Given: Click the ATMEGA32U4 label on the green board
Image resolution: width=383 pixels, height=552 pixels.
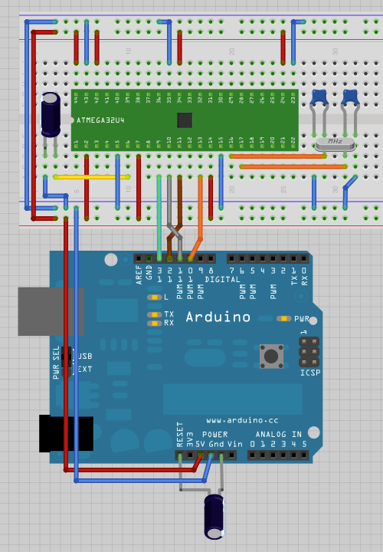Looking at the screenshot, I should pos(102,120).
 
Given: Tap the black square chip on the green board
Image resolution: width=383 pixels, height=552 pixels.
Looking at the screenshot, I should pos(184,120).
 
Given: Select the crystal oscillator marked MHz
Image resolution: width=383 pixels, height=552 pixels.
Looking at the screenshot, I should pos(334,143).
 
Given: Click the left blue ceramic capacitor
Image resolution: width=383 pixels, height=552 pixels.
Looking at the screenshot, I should pos(320,97).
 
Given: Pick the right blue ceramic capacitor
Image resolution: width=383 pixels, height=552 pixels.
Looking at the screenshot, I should pos(351,97).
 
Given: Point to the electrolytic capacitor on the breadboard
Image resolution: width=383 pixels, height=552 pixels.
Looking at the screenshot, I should pos(51,115).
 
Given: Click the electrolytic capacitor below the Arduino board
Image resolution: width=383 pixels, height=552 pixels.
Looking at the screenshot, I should pos(214,515).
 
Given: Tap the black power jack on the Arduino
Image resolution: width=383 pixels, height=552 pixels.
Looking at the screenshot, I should pos(65,433).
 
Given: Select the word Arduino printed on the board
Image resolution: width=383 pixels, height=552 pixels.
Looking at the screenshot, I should pos(218,316).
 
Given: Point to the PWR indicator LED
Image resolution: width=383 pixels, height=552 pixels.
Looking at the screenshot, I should pos(284,318).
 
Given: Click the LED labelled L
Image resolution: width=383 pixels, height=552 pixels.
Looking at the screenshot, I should pos(155,297).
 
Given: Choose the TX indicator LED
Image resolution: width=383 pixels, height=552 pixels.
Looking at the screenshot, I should pos(155,314).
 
